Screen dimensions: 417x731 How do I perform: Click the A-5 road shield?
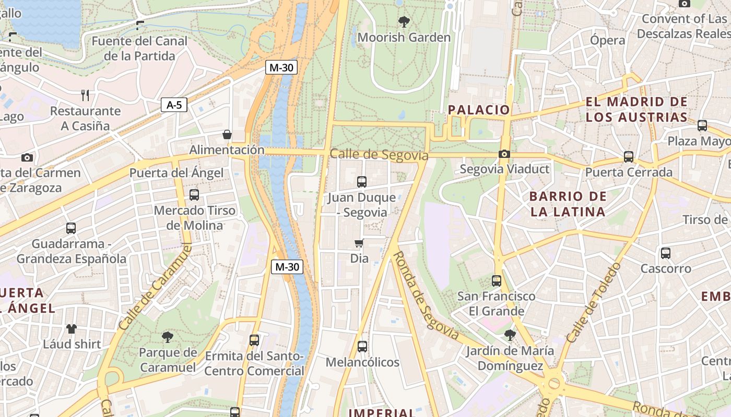pyautogui.click(x=174, y=105)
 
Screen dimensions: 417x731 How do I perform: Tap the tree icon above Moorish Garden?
pyautogui.click(x=404, y=22)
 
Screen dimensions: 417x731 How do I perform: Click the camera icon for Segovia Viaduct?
pyautogui.click(x=504, y=154)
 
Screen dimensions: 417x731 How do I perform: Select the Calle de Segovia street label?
pyautogui.click(x=379, y=155)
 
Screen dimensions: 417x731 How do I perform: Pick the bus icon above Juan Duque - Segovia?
pyautogui.click(x=362, y=182)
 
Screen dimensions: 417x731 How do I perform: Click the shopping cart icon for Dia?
pyautogui.click(x=359, y=243)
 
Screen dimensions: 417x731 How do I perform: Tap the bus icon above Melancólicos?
pyautogui.click(x=362, y=347)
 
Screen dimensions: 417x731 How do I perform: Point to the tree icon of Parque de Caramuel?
pyautogui.click(x=168, y=337)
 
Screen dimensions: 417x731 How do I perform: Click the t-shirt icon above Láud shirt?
pyautogui.click(x=72, y=329)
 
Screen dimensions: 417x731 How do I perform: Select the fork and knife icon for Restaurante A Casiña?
pyautogui.click(x=85, y=95)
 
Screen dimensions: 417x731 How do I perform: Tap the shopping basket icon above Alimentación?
pyautogui.click(x=227, y=134)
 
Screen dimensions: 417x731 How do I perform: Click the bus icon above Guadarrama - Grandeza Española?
pyautogui.click(x=71, y=228)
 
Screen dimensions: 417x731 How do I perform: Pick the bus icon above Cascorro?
pyautogui.click(x=665, y=253)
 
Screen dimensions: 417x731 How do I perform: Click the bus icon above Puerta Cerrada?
pyautogui.click(x=629, y=157)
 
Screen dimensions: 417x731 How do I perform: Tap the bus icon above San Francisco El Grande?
pyautogui.click(x=496, y=281)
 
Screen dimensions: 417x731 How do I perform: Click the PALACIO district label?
pyautogui.click(x=479, y=109)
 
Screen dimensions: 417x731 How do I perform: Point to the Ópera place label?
pyautogui.click(x=607, y=40)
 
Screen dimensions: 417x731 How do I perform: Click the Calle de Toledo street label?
pyautogui.click(x=594, y=302)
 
